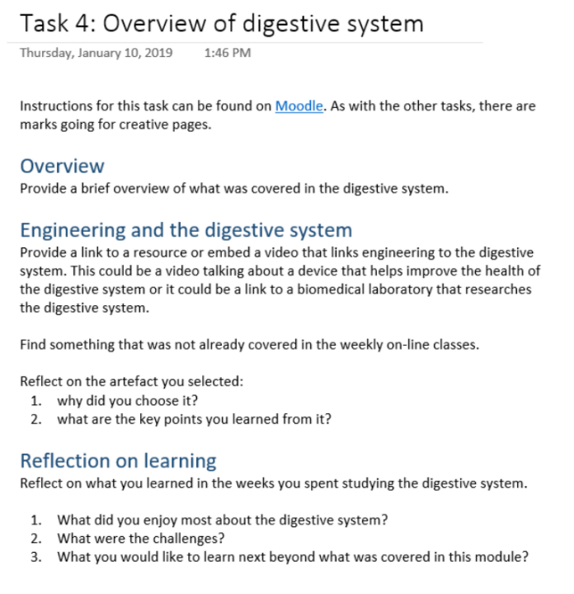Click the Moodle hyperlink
(299, 106)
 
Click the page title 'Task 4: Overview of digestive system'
(222, 23)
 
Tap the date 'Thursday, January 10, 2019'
(96, 53)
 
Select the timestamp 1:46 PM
(228, 53)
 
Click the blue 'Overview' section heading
(62, 166)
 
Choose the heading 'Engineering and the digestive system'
(186, 230)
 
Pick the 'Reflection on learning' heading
(118, 460)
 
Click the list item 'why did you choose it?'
(128, 401)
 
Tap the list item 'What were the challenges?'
(141, 538)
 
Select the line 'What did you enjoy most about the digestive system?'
(223, 520)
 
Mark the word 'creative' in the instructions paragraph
(144, 125)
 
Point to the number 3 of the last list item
(36, 557)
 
